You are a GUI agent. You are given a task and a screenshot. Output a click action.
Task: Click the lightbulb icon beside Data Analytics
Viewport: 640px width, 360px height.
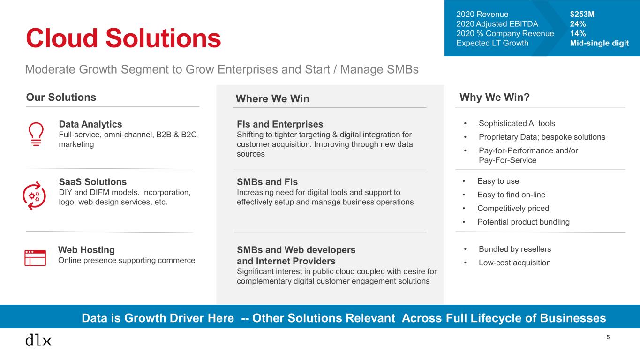[36, 134]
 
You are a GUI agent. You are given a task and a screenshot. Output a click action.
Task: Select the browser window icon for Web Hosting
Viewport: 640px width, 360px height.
[35, 258]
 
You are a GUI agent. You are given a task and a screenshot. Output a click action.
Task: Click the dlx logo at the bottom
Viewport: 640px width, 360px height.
[38, 340]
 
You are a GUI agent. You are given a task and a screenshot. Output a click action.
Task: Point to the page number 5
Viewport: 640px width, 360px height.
[608, 337]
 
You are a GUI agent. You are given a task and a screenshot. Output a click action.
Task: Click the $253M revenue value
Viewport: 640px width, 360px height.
[582, 14]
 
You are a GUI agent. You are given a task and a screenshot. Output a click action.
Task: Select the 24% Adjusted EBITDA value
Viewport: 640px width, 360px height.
[578, 24]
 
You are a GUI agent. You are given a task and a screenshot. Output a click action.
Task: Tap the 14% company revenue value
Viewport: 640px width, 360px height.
[578, 33]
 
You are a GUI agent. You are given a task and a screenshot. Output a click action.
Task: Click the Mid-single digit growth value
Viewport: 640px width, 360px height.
[599, 43]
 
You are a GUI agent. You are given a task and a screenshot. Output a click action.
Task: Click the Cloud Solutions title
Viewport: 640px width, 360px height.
[123, 38]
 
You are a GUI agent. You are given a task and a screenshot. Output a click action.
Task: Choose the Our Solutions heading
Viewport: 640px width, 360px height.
[61, 97]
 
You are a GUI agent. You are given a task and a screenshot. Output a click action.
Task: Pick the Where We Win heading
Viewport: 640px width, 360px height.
[272, 98]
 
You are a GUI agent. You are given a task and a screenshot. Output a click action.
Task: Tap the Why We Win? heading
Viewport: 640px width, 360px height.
[495, 97]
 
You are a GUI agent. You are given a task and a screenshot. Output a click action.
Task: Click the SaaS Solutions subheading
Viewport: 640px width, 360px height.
[92, 182]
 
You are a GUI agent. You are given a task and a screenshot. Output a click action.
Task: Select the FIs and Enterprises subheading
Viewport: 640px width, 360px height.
[280, 124]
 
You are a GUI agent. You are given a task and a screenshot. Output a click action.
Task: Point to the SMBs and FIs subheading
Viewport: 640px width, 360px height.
[267, 182]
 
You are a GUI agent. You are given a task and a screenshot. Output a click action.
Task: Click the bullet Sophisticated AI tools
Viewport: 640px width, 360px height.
[517, 123]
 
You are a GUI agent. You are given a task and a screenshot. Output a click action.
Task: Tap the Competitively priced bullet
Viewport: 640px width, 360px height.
[513, 208]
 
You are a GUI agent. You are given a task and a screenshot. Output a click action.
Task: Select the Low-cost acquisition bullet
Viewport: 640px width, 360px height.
[514, 262]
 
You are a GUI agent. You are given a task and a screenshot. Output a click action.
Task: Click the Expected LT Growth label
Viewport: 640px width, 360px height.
[492, 43]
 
